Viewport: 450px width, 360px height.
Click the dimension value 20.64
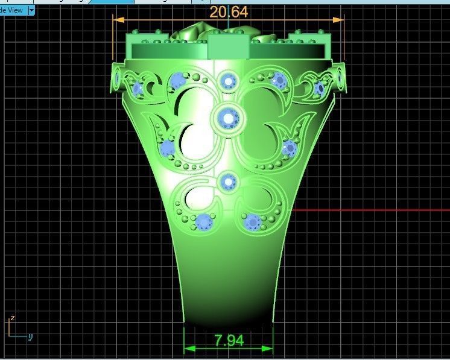228,11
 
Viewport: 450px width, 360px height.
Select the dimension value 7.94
229,340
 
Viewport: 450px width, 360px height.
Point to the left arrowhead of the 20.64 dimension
118,19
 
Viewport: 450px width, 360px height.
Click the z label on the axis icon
11,318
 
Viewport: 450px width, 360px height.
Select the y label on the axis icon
30,336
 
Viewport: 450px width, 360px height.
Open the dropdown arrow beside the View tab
31,10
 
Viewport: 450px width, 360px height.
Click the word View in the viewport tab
14,10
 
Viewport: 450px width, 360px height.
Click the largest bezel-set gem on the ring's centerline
229,118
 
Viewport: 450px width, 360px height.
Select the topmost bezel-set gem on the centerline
229,80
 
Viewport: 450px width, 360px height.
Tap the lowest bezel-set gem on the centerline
229,180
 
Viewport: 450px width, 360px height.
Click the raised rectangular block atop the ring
229,46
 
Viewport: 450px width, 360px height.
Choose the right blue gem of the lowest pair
253,222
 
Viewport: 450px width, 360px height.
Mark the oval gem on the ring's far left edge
116,78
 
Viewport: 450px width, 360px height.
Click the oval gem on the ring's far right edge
341,78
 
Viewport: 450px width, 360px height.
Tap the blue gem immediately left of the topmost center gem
177,81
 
